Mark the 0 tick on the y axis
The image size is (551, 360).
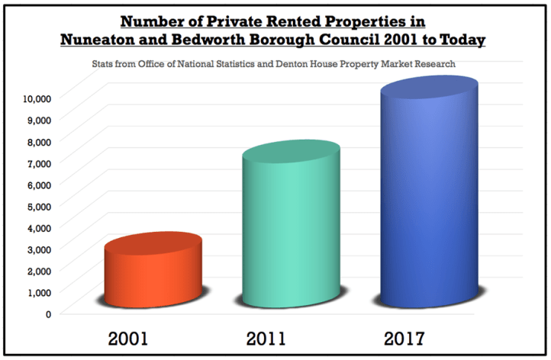(x=47, y=313)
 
